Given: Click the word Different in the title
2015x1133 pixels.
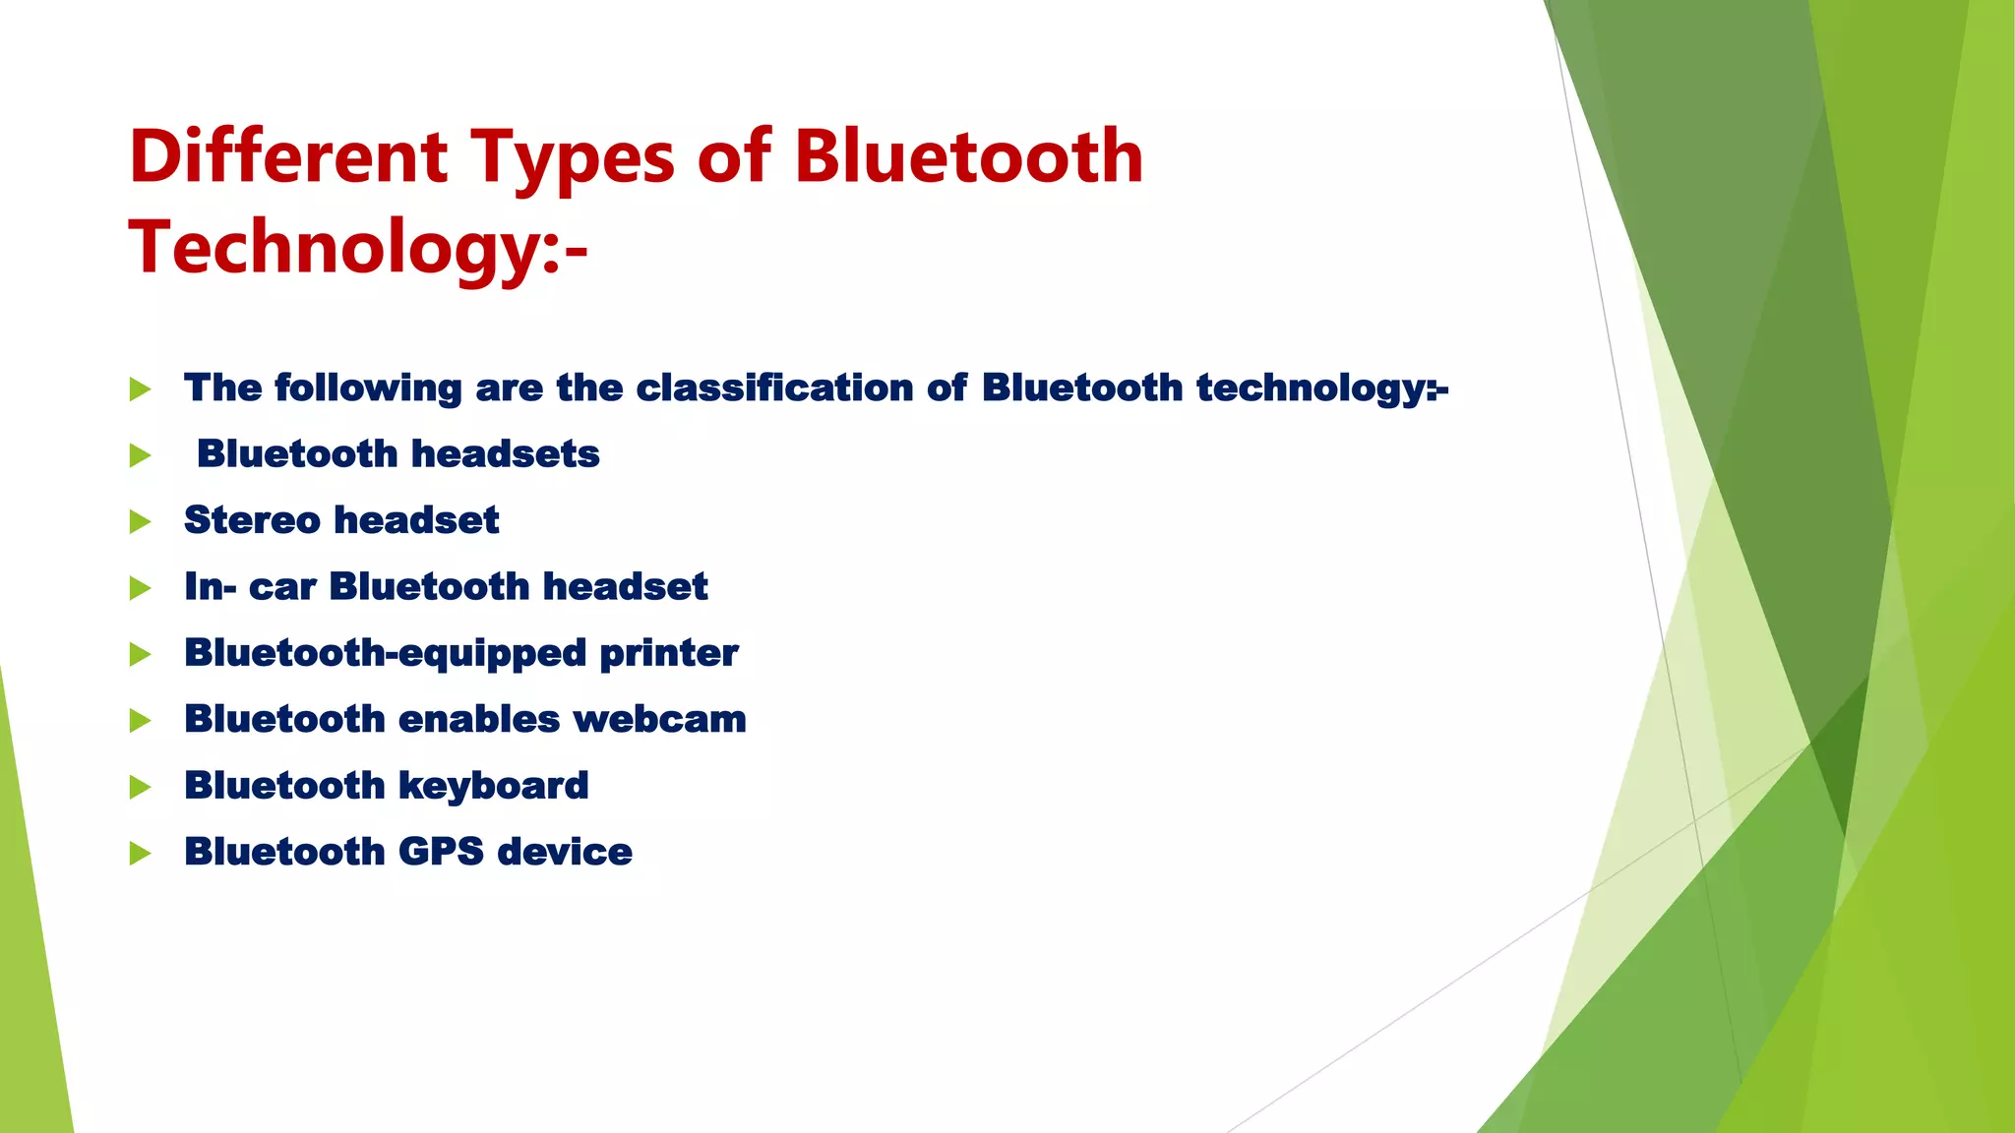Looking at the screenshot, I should [288, 157].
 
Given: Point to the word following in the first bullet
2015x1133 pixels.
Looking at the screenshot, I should [368, 388].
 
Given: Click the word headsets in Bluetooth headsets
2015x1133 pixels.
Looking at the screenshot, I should [505, 454].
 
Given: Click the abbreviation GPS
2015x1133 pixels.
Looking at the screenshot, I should [441, 852].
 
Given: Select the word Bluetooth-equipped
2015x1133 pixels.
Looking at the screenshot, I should [385, 653].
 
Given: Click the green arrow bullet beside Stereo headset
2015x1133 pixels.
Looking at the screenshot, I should [140, 522].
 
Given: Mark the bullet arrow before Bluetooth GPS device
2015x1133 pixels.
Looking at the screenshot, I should [140, 854].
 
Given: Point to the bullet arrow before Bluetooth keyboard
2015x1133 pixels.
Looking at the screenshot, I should [140, 788].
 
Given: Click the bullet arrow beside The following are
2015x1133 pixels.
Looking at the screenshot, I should [140, 389].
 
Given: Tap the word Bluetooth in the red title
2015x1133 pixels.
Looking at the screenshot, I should [968, 157].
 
